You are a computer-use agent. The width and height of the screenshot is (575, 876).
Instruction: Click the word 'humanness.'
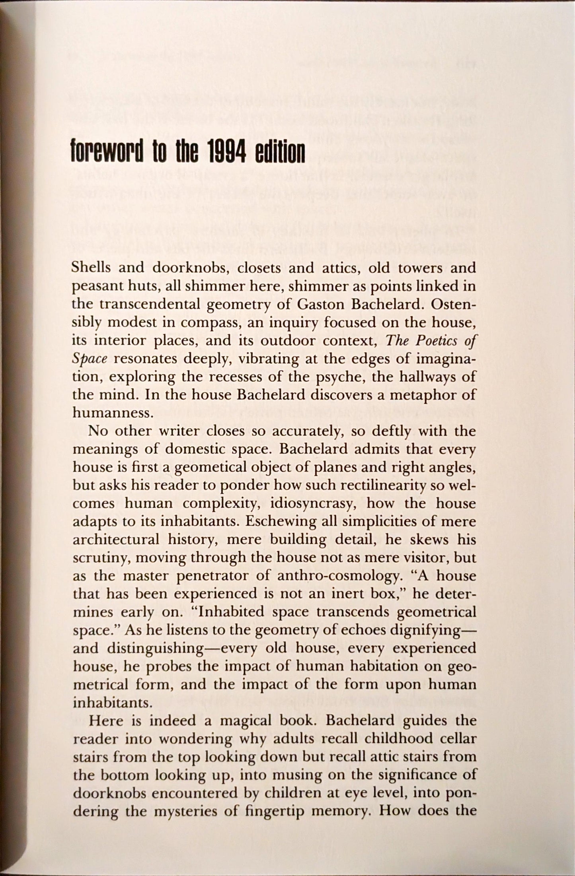point(113,413)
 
